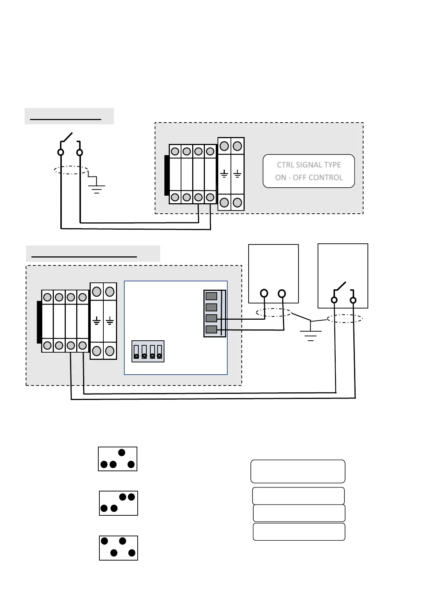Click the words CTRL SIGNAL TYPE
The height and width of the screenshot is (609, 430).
pos(309,165)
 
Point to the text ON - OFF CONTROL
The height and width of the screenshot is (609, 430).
pos(309,178)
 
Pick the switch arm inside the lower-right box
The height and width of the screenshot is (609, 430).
pos(340,286)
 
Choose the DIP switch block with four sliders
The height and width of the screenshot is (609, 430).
pos(148,351)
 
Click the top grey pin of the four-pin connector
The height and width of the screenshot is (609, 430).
pos(211,296)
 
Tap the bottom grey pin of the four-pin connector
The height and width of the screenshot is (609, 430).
pos(211,329)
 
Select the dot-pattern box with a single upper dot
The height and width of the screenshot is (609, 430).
pos(117,459)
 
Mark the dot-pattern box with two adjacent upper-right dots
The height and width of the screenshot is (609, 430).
pos(119,503)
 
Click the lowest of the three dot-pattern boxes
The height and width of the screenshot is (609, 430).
pos(119,548)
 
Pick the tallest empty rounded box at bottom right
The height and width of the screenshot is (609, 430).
pos(298,471)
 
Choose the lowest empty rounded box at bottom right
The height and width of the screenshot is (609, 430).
pos(299,532)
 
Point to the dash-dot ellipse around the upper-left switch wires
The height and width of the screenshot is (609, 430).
pos(71,170)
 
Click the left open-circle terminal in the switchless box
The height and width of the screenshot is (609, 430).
pos(264,293)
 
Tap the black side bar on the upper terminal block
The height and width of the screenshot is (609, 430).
pos(167,175)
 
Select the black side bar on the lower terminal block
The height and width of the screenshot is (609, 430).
pos(39,322)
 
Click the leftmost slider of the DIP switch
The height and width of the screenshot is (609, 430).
pos(136,352)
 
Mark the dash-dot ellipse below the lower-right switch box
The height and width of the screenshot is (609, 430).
pos(345,319)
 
